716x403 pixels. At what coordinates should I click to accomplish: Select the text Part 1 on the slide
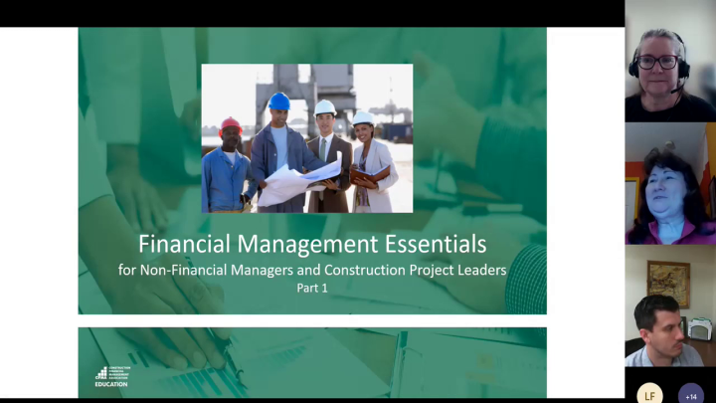(312, 289)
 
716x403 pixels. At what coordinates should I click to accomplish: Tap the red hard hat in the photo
(231, 124)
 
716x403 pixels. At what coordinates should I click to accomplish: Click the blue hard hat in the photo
(279, 101)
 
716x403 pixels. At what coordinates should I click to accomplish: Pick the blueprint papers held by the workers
(298, 182)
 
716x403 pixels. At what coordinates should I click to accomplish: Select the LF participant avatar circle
(649, 395)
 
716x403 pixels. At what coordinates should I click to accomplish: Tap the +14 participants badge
(691, 395)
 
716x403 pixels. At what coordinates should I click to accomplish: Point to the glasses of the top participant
(657, 63)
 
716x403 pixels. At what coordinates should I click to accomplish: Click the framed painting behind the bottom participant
(668, 283)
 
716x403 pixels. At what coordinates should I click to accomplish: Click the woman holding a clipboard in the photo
(370, 164)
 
